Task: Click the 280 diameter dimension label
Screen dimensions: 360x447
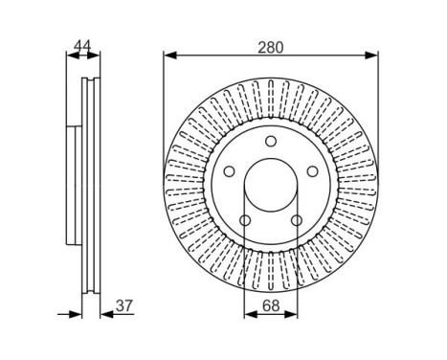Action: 269,42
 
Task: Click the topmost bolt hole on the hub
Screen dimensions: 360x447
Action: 270,143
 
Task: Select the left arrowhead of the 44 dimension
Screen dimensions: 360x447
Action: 70,55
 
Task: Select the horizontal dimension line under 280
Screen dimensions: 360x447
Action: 270,55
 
